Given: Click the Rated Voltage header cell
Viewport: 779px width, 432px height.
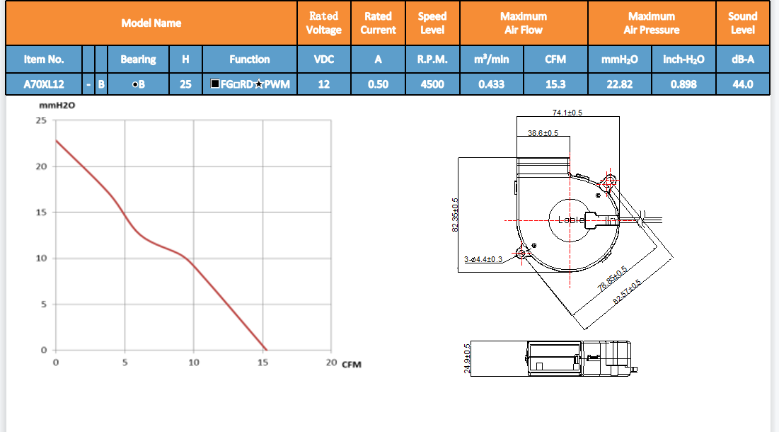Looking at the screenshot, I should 323,23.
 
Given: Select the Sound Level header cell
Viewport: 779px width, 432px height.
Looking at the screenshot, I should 742,23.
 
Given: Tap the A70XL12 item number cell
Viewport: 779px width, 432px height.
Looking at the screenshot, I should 44,84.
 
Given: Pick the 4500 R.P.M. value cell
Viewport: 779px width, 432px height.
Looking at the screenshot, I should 432,84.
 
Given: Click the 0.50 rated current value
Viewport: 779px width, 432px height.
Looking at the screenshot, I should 378,84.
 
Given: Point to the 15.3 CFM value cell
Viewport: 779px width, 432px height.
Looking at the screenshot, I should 555,84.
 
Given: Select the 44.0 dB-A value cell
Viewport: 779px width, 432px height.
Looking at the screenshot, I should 742,84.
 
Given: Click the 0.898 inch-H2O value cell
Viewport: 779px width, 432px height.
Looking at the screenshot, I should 683,84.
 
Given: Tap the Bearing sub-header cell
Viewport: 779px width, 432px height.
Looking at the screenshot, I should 138,59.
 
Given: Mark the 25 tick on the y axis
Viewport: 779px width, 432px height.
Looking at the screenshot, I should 42,120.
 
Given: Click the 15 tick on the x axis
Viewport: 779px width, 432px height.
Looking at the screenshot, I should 262,363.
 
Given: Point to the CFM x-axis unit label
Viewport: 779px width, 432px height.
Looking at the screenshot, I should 352,365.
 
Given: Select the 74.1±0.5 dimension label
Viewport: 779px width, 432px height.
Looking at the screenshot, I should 567,113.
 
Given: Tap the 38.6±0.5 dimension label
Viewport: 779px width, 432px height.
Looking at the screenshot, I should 543,133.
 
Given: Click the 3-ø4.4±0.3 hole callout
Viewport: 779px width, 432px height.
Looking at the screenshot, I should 483,259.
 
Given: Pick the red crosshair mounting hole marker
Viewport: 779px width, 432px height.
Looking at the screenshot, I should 609,181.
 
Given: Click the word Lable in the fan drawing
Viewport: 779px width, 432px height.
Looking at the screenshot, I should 572,220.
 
